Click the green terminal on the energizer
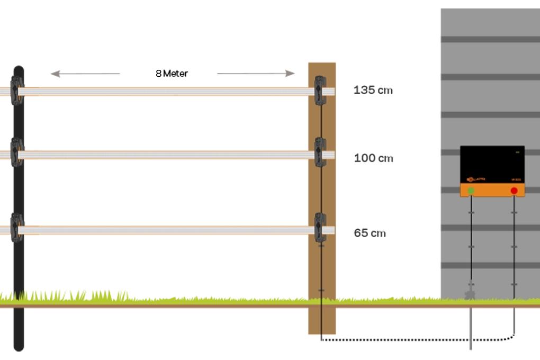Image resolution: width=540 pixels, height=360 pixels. point(471,191)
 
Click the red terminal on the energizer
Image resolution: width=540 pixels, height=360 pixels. point(514,191)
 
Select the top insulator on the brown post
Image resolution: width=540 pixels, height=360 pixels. point(320,91)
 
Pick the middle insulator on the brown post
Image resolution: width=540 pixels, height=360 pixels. point(320,152)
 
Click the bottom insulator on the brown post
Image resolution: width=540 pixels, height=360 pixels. point(320,228)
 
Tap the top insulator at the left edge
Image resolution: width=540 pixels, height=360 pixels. point(16,90)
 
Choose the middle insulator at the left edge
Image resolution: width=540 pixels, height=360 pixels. point(16,152)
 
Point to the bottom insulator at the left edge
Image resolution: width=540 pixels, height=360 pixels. point(16,228)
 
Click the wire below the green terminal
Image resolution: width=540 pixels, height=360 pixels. point(471,238)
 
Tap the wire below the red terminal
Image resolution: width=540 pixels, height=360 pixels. point(514,238)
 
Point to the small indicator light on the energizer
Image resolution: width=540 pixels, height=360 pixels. point(517,152)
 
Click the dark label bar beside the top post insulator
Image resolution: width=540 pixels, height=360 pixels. point(393,91)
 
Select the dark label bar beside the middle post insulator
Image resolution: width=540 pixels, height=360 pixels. point(393,159)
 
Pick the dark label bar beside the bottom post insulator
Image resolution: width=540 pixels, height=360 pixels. point(393,231)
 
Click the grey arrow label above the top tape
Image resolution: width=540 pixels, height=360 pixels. point(101,74)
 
